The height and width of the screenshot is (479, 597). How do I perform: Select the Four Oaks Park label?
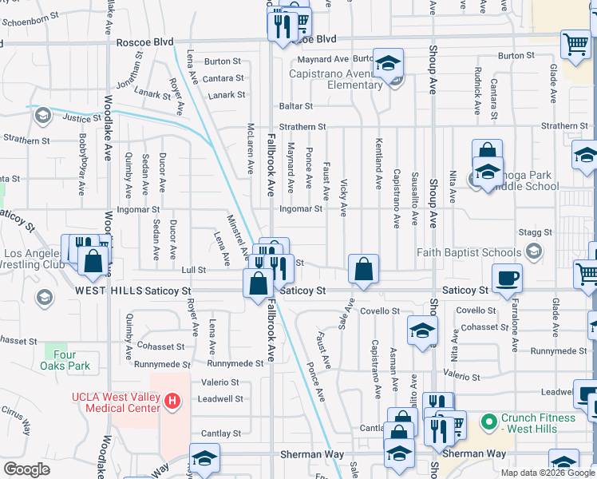click(65, 360)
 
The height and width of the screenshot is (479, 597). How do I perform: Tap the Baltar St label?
click(295, 105)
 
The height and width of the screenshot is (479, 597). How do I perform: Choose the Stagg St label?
click(535, 232)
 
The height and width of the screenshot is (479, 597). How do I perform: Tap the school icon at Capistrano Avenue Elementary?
click(388, 64)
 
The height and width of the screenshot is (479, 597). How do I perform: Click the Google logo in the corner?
click(26, 469)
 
